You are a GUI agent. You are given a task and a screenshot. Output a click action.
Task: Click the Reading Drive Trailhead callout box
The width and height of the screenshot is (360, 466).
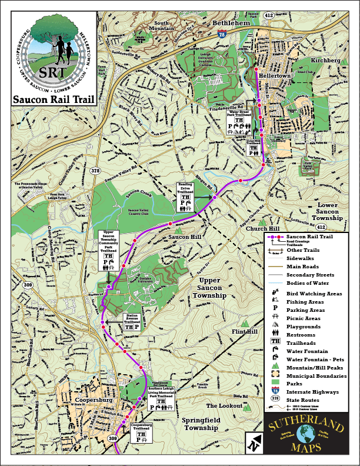pyautogui.click(x=186, y=197)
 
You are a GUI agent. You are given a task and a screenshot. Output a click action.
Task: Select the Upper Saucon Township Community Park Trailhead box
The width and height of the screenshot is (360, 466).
pyautogui.click(x=108, y=250)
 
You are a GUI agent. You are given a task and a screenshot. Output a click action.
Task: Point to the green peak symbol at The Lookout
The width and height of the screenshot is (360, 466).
pyautogui.click(x=248, y=407)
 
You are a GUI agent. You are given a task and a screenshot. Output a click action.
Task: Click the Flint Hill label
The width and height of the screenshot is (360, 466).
pyautogui.click(x=244, y=332)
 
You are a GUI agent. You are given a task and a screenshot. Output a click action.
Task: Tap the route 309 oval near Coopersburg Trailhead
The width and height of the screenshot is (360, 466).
pyautogui.click(x=113, y=438)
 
